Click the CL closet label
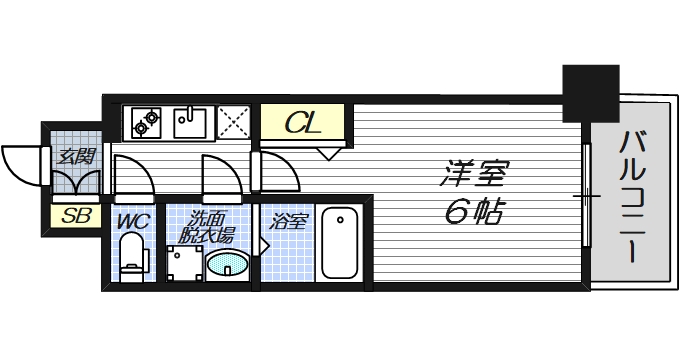coord(302,124)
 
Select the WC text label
coord(132,221)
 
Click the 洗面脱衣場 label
coord(208,228)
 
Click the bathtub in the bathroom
coord(340,243)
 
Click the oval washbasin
coord(228,266)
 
